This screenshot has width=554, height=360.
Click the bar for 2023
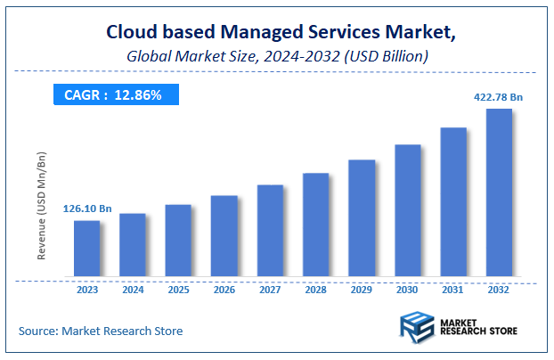(86, 249)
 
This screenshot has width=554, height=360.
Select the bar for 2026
(224, 236)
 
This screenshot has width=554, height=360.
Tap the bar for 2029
(362, 218)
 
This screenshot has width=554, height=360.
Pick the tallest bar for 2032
(499, 192)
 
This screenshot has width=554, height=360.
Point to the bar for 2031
(453, 202)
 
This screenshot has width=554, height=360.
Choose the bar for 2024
(133, 245)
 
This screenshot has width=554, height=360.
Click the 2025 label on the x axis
(178, 290)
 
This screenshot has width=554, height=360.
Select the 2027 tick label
(270, 290)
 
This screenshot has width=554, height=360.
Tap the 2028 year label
(316, 290)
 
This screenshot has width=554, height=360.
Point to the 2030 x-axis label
(408, 290)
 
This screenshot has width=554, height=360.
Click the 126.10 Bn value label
(87, 209)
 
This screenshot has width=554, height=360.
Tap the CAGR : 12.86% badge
(114, 94)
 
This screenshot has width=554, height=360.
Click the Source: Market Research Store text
(101, 331)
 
